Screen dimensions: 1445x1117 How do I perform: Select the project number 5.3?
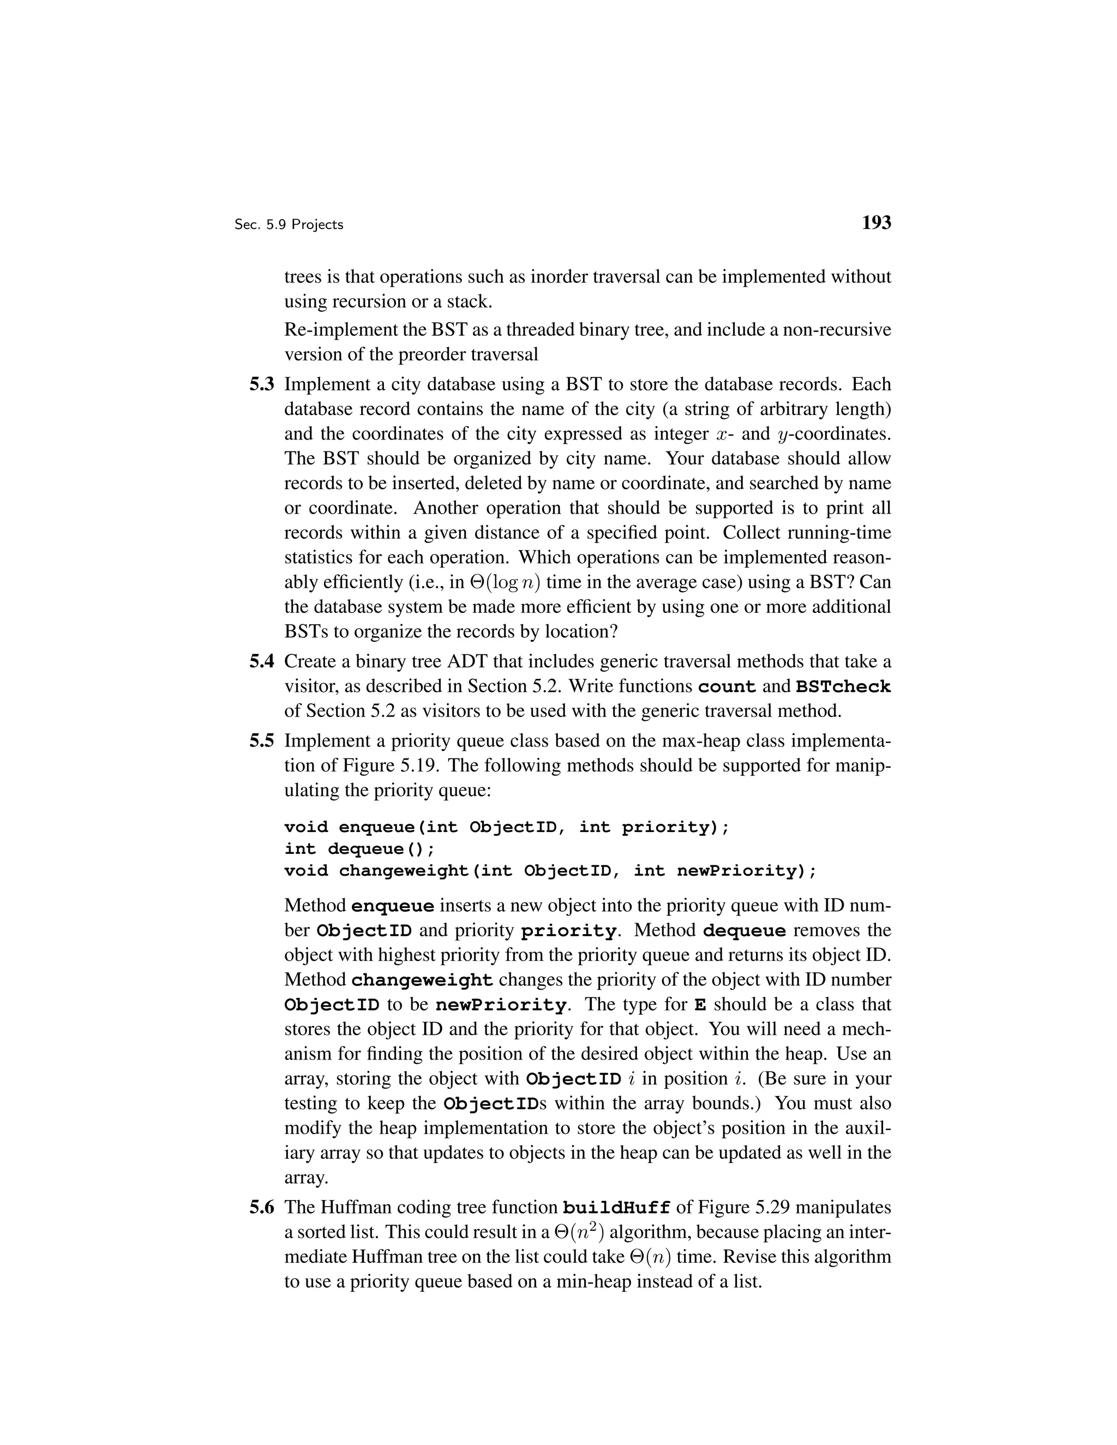click(261, 384)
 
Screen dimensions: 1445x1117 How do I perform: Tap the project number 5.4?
click(261, 661)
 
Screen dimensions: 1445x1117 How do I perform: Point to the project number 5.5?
click(261, 741)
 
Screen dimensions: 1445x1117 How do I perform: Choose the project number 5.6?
click(261, 1207)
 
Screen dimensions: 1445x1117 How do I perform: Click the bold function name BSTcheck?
click(843, 687)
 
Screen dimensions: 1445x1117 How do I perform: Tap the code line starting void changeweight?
click(550, 871)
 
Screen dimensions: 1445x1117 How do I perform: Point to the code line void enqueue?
click(506, 827)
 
